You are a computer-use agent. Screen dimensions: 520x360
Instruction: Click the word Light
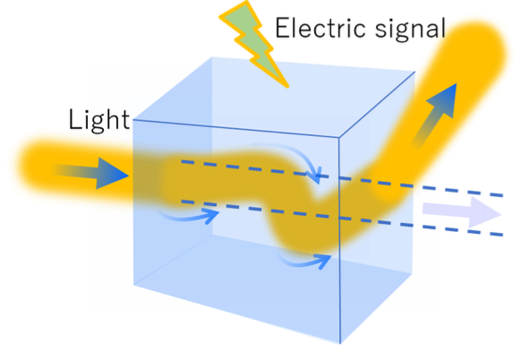pos(98,120)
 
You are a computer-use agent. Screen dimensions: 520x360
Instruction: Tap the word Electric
pos(321,28)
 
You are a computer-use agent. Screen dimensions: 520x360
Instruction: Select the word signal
pos(410,30)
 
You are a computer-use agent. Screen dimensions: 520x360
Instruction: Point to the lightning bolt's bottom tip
pos(287,87)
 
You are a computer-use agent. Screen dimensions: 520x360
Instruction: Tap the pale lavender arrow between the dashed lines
pos(462,212)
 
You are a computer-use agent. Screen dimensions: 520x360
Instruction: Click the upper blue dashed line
pos(342,178)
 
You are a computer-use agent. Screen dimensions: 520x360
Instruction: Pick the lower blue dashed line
pos(342,218)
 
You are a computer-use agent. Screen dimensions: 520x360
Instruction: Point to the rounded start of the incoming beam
pos(33,166)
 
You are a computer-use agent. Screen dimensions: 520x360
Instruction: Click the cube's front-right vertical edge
pos(339,240)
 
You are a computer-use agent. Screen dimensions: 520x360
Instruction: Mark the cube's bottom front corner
pos(340,343)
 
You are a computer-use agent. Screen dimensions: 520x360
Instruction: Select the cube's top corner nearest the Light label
pos(133,120)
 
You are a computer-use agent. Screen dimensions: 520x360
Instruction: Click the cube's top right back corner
pos(415,72)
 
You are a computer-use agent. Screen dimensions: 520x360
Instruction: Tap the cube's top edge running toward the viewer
pos(377,104)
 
